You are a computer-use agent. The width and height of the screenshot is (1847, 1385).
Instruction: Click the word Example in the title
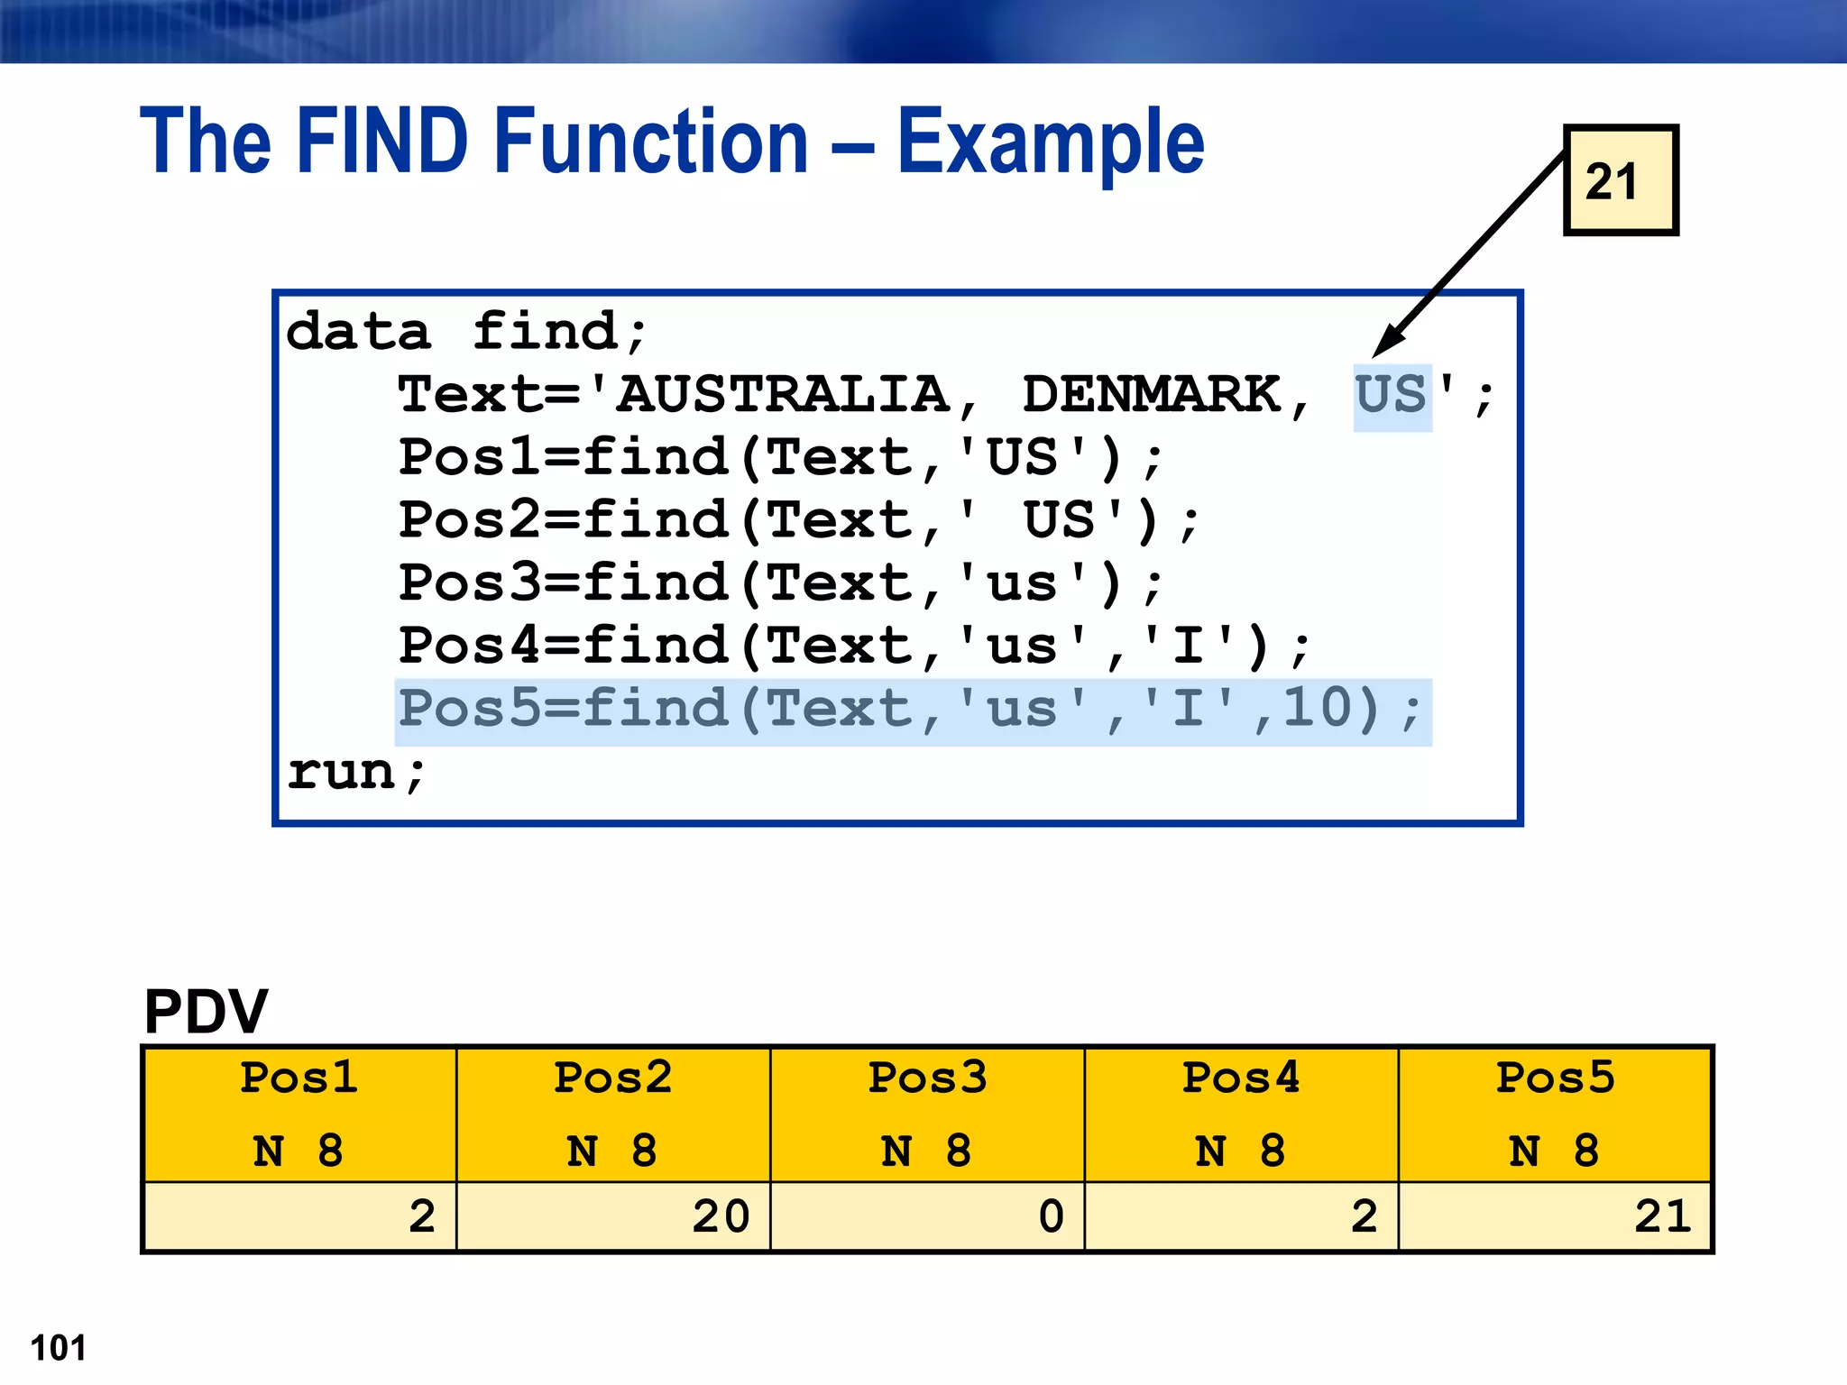(x=1050, y=142)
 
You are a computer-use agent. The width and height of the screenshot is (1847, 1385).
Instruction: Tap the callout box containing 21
(x=1620, y=181)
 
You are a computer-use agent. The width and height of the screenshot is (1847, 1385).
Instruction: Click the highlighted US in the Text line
(x=1392, y=395)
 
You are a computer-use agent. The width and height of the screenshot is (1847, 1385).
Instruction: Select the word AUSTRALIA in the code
(x=783, y=395)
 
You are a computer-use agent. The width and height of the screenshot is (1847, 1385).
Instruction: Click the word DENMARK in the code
(x=1152, y=395)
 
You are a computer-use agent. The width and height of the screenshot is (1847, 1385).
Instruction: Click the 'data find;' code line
(x=466, y=332)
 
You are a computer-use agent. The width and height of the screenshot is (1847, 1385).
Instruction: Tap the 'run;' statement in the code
(x=355, y=772)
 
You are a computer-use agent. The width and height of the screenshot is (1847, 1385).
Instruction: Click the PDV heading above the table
(x=206, y=1012)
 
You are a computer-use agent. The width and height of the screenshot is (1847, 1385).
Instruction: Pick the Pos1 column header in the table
(x=299, y=1078)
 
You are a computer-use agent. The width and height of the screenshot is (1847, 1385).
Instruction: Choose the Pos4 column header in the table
(x=1241, y=1078)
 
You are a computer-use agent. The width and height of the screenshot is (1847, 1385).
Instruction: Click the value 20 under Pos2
(x=721, y=1216)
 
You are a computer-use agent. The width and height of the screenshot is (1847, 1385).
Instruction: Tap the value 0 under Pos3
(x=1051, y=1216)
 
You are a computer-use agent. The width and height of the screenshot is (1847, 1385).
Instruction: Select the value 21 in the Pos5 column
(x=1662, y=1216)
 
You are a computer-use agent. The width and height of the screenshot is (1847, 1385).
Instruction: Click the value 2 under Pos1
(x=421, y=1216)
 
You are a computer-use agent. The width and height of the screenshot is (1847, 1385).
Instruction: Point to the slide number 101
(x=59, y=1348)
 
